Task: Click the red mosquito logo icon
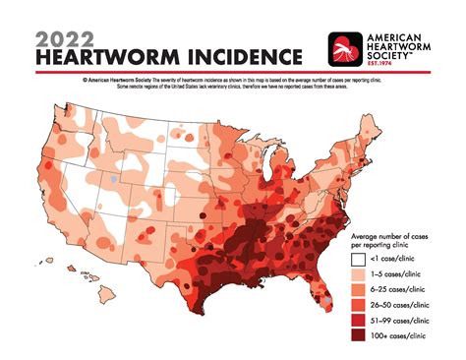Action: point(348,48)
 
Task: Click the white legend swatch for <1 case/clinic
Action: point(358,259)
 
